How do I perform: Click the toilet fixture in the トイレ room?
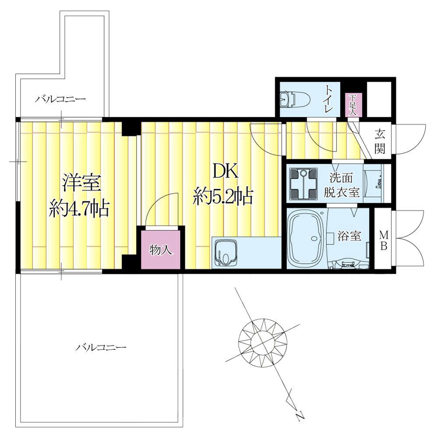tap(295, 100)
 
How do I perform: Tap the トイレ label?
tap(329, 99)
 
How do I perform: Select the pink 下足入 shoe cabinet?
tap(354, 105)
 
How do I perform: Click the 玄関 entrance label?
tap(380, 142)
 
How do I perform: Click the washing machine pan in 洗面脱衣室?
tap(304, 184)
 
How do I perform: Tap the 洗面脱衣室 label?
tap(341, 185)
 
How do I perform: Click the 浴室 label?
tap(349, 236)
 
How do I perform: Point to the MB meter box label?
tap(384, 240)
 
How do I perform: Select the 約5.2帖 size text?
tap(223, 196)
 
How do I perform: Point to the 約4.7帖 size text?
tap(79, 208)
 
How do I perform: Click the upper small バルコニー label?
tap(60, 99)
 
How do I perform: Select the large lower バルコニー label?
tap(101, 348)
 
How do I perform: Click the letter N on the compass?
tap(299, 417)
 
